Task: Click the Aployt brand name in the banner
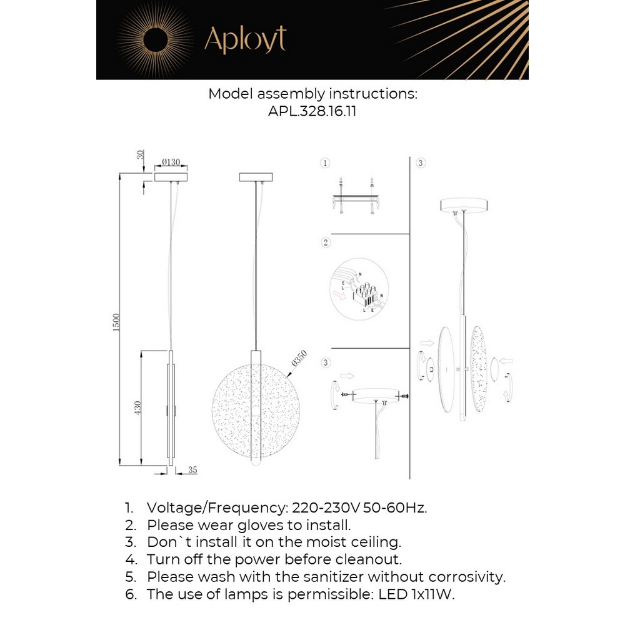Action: [x=245, y=39]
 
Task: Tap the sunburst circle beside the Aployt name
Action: [x=154, y=39]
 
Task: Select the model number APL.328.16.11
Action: [x=312, y=111]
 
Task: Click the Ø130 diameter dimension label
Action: [x=171, y=162]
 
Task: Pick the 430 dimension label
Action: [x=137, y=408]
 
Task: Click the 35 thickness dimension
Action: [x=192, y=471]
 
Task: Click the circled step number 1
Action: [x=325, y=163]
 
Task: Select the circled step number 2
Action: [x=325, y=242]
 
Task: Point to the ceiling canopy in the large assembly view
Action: [x=464, y=205]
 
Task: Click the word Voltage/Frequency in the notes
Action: [x=216, y=507]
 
